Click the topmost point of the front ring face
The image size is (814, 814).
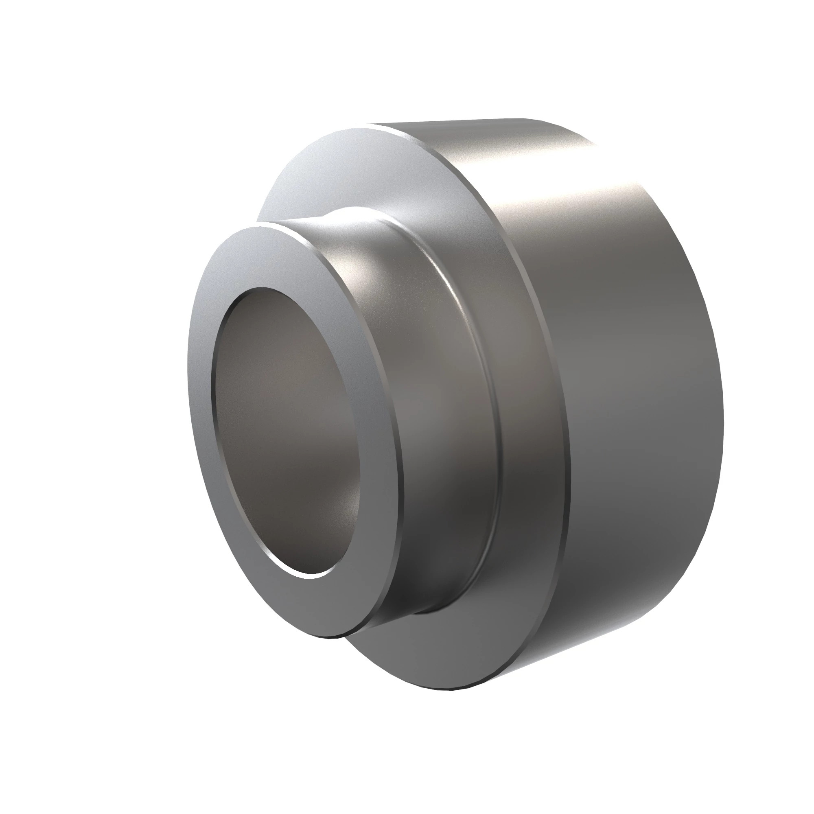[257, 227]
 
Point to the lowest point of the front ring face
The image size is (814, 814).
[333, 637]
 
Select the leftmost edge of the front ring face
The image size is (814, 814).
[188, 379]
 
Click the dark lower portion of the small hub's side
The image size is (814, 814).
[442, 548]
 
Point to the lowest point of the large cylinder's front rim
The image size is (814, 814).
[446, 689]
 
